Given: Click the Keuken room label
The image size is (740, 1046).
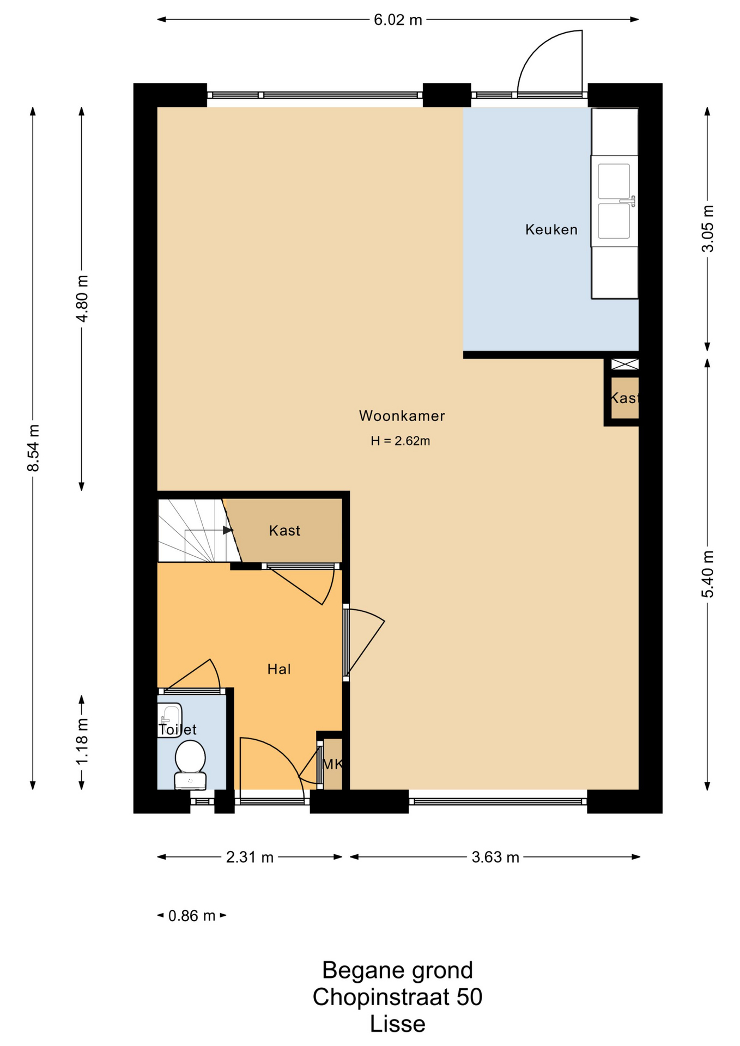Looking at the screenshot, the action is (551, 229).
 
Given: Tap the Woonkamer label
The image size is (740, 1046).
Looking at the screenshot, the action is (402, 416).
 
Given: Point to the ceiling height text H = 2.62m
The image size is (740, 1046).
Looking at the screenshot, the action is (401, 441).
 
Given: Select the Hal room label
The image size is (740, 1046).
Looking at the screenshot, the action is (279, 669).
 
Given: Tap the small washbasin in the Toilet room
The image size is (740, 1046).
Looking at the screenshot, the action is (169, 720).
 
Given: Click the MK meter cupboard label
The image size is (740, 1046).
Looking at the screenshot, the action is (332, 764).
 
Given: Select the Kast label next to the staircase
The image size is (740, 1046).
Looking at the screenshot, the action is (284, 531).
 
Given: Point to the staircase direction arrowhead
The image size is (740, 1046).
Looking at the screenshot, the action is (228, 530).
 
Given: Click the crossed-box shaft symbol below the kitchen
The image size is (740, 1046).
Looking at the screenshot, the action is (624, 364).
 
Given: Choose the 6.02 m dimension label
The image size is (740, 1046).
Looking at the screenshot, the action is (398, 20).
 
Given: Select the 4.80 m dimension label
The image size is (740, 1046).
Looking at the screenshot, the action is (82, 299).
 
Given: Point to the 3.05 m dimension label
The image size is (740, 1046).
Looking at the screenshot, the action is (707, 228).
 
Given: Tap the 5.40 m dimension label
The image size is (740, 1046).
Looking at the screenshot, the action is (707, 574).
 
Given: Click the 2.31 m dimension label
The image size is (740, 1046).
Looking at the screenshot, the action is (250, 858).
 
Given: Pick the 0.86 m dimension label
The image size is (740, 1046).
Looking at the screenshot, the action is (192, 916).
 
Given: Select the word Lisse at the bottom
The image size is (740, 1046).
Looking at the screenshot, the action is (398, 1024).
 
